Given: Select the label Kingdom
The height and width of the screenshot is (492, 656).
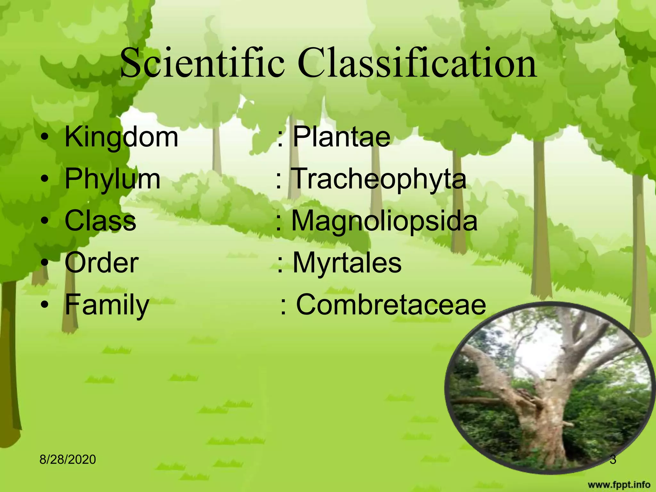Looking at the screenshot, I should click(x=121, y=137).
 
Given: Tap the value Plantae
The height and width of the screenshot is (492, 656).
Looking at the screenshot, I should click(x=341, y=137).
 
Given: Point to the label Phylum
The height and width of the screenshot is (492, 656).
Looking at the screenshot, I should click(x=112, y=179).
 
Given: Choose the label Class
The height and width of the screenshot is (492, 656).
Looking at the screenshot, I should click(x=100, y=221).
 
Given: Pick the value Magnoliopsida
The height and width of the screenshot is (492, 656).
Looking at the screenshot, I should click(x=384, y=221).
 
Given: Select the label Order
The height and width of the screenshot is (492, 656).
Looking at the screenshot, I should click(x=102, y=263).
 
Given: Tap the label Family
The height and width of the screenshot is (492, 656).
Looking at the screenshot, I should click(x=107, y=305).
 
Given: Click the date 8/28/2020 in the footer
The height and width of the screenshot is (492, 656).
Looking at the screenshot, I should click(x=68, y=460).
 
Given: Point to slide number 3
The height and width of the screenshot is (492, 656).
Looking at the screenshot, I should click(x=612, y=460).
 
